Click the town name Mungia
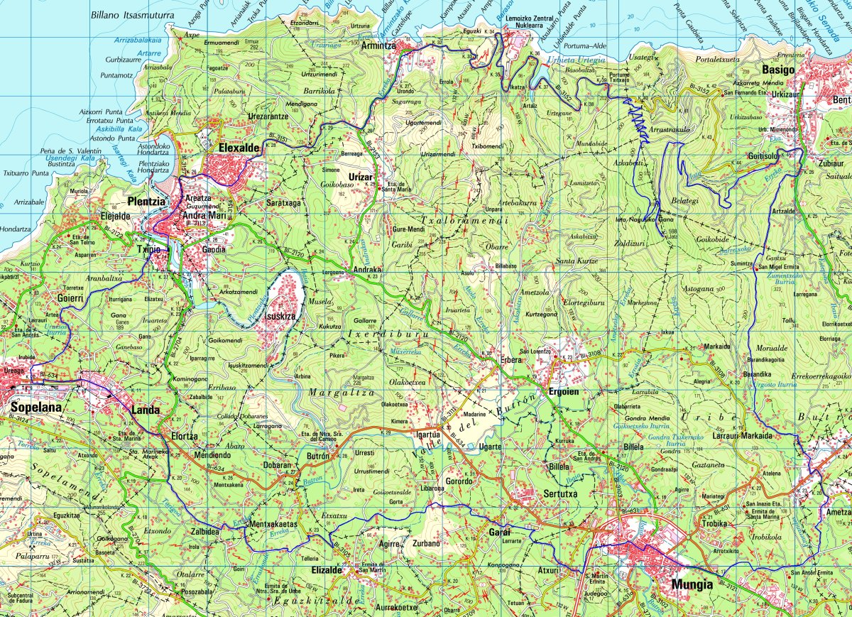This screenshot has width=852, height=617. click(x=691, y=585)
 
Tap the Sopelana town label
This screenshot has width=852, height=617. click(x=36, y=408)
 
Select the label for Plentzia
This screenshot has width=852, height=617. click(x=146, y=201)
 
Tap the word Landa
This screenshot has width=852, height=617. click(x=146, y=410)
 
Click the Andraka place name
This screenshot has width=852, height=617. click(x=368, y=270)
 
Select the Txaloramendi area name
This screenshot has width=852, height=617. click(x=464, y=222)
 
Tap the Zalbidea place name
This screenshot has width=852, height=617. click(x=204, y=530)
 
